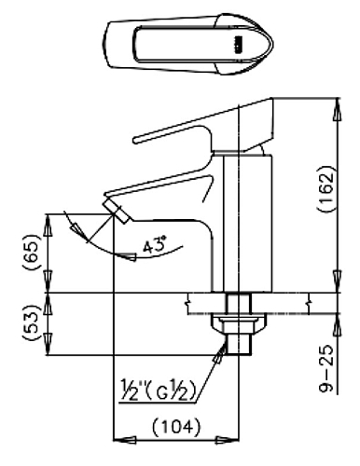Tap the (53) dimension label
pyautogui.click(x=32, y=323)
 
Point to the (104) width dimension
pyautogui.click(x=176, y=427)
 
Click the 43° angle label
pyautogui.click(x=155, y=245)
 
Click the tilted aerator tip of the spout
pyautogui.click(x=117, y=212)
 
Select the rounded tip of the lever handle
pyautogui.click(x=136, y=140)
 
